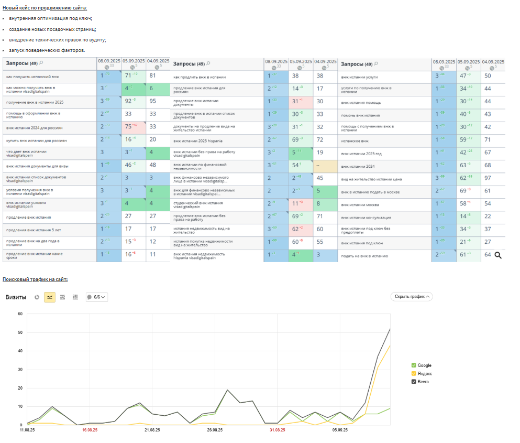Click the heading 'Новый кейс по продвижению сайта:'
point(45,8)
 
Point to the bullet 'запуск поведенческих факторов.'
point(47,50)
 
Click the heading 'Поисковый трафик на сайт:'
point(35,280)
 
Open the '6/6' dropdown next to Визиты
point(97,297)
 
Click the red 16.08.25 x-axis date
point(90,430)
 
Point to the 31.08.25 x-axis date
point(278,430)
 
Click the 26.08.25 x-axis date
point(215,430)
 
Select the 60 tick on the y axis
point(20,314)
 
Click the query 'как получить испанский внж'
point(32,77)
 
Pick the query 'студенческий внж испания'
point(198,203)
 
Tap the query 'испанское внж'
point(355,140)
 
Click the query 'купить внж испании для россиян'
point(37,141)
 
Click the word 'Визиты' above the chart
point(16,297)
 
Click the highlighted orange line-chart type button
point(50,297)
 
